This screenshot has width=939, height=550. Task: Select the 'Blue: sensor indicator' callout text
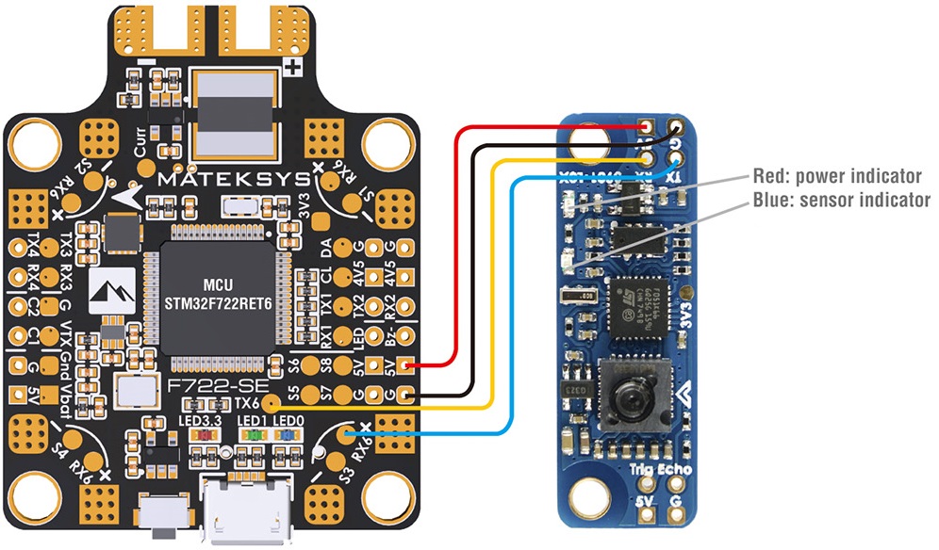841,200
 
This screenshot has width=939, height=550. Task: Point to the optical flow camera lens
628,385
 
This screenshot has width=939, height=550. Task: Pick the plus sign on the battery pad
293,68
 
